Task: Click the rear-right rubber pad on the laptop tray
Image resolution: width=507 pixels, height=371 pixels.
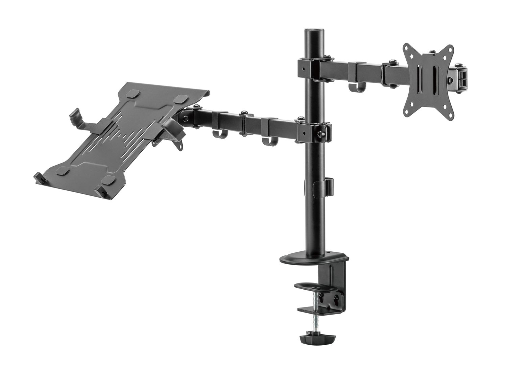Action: [x=183, y=99]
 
